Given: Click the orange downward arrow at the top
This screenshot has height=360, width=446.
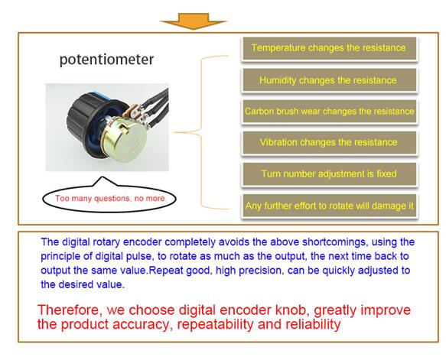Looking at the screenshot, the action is click(194, 21).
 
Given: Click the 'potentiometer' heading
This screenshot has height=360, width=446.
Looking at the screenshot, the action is click(106, 60).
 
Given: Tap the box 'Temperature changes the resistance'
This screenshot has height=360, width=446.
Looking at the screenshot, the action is click(330, 48).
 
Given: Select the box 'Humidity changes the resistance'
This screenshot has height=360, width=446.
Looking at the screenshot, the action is click(330, 80).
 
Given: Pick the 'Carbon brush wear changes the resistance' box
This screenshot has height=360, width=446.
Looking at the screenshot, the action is click(330, 112).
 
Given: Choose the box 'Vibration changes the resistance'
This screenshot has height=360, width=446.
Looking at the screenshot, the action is click(330, 143).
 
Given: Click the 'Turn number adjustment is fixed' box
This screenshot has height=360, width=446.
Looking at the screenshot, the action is click(330, 174).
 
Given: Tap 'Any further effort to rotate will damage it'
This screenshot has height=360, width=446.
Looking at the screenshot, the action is click(330, 206).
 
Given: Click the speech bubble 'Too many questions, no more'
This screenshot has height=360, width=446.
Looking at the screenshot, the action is click(109, 198).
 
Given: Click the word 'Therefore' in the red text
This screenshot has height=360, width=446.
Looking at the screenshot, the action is click(70, 310).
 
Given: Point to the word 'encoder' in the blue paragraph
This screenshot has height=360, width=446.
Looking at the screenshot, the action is click(142, 242).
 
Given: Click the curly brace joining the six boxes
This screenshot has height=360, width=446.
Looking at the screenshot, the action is click(201, 132).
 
